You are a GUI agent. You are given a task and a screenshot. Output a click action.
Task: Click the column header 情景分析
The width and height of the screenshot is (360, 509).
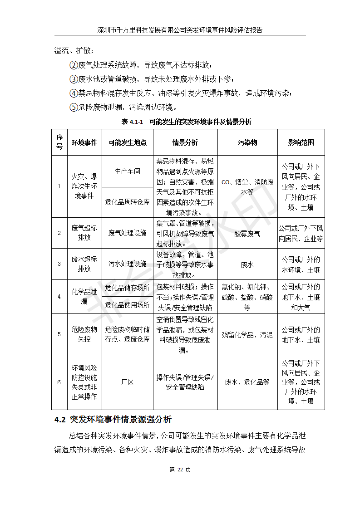point(185,142)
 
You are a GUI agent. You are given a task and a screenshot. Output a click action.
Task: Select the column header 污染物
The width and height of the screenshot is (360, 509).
point(247,142)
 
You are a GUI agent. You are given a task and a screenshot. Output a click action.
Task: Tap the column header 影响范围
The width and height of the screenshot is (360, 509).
point(301,142)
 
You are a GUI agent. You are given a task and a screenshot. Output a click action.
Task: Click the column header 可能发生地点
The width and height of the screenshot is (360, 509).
point(128,142)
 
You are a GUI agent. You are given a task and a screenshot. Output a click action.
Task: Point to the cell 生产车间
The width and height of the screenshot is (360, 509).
point(128,171)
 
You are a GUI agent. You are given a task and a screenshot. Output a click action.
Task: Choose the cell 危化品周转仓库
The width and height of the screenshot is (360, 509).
point(128,202)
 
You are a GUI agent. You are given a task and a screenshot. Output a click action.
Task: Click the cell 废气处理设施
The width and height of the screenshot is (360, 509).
point(128,233)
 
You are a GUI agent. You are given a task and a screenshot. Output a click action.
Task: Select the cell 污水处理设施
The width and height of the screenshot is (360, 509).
point(128,264)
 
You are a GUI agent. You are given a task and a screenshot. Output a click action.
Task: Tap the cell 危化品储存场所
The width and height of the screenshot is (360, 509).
point(128,288)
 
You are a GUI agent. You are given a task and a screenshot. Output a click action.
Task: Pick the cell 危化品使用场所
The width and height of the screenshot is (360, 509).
point(128,305)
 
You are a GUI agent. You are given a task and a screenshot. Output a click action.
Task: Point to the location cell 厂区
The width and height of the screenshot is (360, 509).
point(128,382)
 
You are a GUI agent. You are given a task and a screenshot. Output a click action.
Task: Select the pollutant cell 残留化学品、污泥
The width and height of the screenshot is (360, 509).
point(247,335)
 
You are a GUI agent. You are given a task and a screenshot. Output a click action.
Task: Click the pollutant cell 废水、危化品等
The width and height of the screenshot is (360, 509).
point(247,382)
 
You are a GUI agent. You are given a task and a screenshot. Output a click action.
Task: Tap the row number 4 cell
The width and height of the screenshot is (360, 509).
point(59,297)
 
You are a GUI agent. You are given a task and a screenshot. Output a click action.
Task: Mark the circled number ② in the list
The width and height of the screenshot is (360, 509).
point(74,65)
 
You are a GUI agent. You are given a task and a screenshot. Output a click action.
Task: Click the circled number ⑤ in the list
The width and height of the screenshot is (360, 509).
point(74,108)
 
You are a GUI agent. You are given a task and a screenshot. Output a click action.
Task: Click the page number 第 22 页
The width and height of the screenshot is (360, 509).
point(180,470)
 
